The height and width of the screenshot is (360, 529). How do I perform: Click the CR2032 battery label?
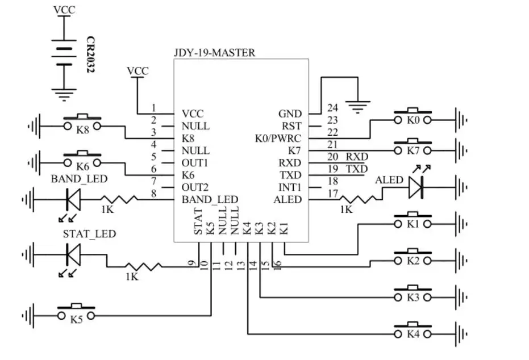90,55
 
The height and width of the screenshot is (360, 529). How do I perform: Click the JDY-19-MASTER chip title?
215,53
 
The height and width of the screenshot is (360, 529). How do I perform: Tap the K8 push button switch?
82,123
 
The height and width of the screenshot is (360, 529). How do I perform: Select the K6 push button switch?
82,160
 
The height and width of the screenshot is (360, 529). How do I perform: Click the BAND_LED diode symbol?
73,199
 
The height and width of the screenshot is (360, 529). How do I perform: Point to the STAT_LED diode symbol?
73,254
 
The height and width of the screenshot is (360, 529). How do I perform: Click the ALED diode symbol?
416,187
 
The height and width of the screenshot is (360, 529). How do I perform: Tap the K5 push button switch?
76,312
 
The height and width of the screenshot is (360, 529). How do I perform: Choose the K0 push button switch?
413,116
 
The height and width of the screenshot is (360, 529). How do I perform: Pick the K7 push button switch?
413,147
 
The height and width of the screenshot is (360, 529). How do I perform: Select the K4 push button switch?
413,331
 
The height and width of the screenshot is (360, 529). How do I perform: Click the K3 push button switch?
413,294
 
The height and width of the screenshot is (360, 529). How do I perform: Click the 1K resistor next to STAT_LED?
143,267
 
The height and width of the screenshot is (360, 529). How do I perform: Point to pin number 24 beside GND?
332,108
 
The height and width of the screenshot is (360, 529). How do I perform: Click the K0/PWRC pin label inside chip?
278,139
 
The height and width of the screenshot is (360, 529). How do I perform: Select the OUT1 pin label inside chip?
195,163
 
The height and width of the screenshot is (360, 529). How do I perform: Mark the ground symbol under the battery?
64,95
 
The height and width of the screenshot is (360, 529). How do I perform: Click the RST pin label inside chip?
291,126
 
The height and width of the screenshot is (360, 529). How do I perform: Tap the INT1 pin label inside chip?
290,187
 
